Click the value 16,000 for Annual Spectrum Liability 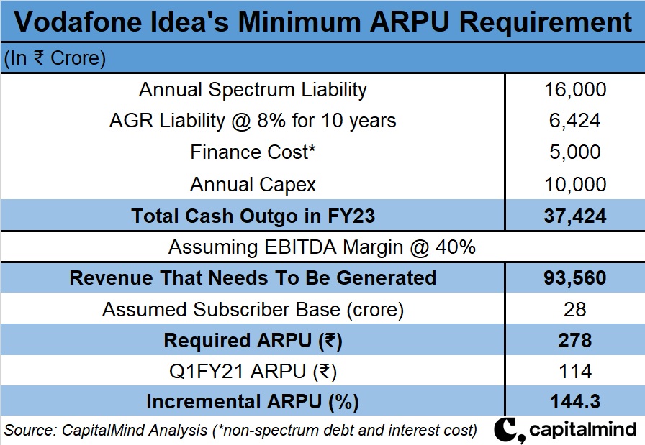click(575, 90)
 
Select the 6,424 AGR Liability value click(575, 121)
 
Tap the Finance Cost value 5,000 click(575, 152)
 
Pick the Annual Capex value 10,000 click(575, 184)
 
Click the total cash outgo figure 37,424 click(575, 216)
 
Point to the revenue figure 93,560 click(575, 277)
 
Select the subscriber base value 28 click(575, 309)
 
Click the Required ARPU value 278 click(575, 340)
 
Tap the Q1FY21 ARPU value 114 click(575, 371)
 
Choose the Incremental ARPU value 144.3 click(575, 402)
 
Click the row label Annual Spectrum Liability click(253, 90)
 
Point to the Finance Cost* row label click(253, 152)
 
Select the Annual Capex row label click(253, 184)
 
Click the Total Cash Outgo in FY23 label click(253, 216)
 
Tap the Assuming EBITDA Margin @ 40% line click(322, 247)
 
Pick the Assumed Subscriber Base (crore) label click(253, 309)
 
